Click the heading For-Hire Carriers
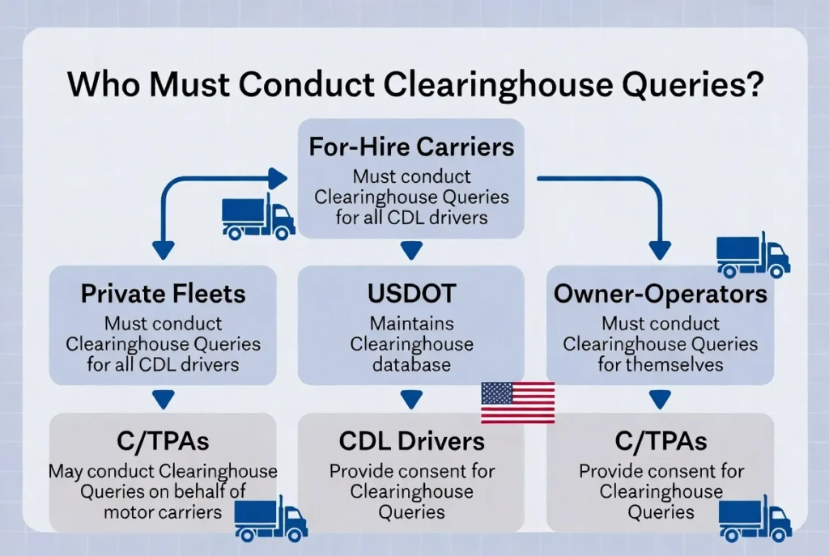411,147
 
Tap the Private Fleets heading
162,293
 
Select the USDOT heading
411,293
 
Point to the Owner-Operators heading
661,293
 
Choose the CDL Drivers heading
411,440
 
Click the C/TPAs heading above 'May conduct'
162,440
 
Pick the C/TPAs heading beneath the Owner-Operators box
661,440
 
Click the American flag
517,402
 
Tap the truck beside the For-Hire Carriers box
258,218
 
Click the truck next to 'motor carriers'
271,519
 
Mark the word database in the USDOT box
411,364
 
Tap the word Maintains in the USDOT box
411,324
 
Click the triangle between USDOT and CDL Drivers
411,398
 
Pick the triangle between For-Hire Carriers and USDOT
411,251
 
